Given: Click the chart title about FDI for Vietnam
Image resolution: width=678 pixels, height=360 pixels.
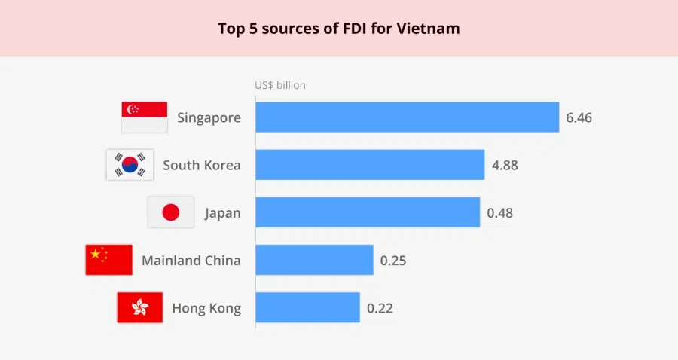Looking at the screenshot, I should tap(338, 29).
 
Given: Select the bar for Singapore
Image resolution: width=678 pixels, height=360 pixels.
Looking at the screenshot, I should tap(407, 117).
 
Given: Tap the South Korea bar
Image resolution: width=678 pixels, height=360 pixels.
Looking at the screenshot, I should tap(370, 164).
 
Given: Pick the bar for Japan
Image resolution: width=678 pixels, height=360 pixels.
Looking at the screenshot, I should tap(368, 212).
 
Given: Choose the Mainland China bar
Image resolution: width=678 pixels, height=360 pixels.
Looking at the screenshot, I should tap(314, 260).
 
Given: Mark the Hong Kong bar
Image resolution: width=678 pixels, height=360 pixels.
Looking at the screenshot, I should tap(307, 307).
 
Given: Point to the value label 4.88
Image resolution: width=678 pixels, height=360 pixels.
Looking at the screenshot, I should tap(505, 165).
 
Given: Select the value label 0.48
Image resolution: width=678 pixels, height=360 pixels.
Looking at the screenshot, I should tap(499, 212).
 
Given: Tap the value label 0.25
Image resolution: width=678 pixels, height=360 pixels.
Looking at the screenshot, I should tap(393, 261).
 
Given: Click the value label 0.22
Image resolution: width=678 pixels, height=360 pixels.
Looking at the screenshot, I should tap(380, 308).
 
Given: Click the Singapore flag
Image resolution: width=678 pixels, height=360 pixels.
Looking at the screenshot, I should tap(144, 117).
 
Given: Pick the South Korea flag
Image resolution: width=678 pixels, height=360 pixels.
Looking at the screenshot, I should tap(130, 165).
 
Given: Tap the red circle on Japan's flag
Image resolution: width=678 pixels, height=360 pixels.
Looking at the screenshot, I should tap(171, 212).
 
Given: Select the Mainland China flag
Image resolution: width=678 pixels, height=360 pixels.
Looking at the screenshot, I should tap(108, 260).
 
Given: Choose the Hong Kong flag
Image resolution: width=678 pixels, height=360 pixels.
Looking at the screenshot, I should tap(139, 307).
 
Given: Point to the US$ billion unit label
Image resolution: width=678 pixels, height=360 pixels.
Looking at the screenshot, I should tap(280, 85).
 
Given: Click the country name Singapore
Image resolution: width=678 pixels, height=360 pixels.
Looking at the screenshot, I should tap(209, 117).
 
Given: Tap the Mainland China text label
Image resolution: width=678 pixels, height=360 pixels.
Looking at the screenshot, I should tap(191, 261).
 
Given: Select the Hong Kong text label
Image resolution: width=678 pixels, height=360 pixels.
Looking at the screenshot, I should tap(206, 308).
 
